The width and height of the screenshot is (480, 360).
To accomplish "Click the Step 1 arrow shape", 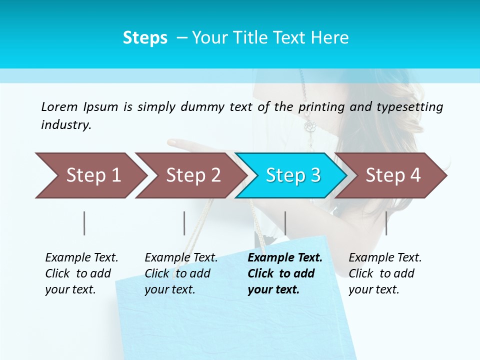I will [x=92, y=175].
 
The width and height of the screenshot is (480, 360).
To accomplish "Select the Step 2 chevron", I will [x=192, y=175].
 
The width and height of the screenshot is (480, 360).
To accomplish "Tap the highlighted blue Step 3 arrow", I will [x=292, y=175].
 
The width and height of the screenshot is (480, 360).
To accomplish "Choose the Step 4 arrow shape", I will [x=392, y=175].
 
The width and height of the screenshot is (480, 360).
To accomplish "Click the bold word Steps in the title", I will [x=145, y=37].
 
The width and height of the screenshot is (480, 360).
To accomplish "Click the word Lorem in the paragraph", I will [x=59, y=106].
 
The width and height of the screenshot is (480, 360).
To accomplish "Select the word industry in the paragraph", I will [x=66, y=124].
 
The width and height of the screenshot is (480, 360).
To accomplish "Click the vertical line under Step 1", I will [x=84, y=223].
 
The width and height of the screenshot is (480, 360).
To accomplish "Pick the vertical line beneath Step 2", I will [x=184, y=223].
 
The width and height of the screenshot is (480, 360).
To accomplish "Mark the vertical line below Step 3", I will [x=285, y=223].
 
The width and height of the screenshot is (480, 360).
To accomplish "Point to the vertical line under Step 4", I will [x=386, y=223].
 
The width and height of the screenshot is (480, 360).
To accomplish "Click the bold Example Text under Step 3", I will [x=285, y=257].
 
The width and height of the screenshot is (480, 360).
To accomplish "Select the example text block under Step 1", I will [x=81, y=273].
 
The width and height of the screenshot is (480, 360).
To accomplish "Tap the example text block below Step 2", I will [x=181, y=273].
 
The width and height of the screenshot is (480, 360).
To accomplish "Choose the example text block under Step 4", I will [x=385, y=273].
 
